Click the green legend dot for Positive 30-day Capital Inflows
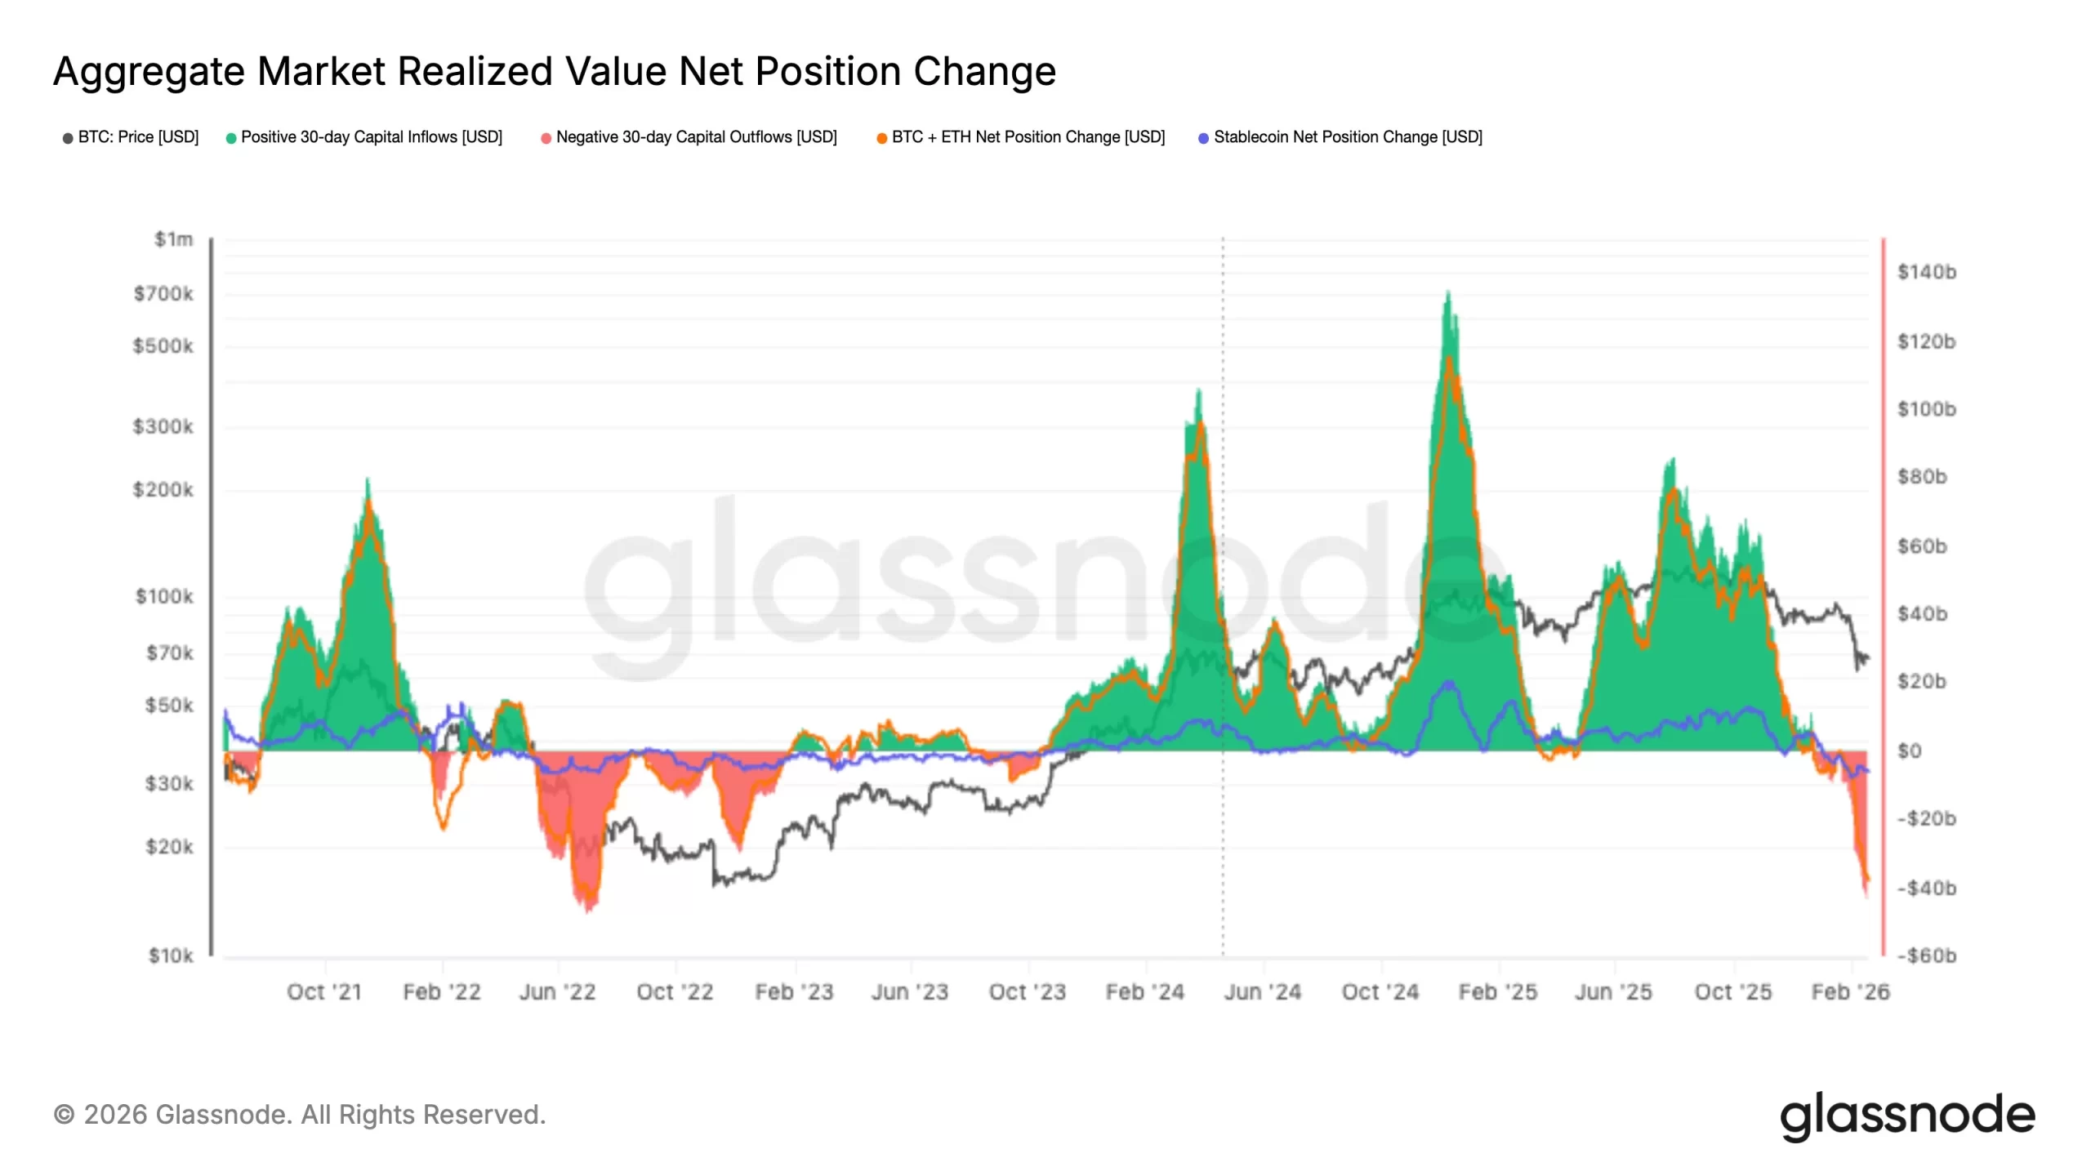[231, 138]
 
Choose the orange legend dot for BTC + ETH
[881, 138]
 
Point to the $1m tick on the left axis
[173, 239]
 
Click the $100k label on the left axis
[164, 596]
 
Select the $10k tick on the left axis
[171, 955]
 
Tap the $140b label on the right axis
[1926, 272]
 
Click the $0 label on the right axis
[1909, 751]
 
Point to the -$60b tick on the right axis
[1926, 955]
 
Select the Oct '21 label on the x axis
[324, 991]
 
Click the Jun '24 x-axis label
[1262, 991]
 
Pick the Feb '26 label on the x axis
[1850, 991]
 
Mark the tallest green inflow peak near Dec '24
[1447, 292]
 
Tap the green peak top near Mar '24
[1198, 391]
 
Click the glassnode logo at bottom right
[1907, 1116]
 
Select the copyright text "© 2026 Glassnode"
[172, 1115]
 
